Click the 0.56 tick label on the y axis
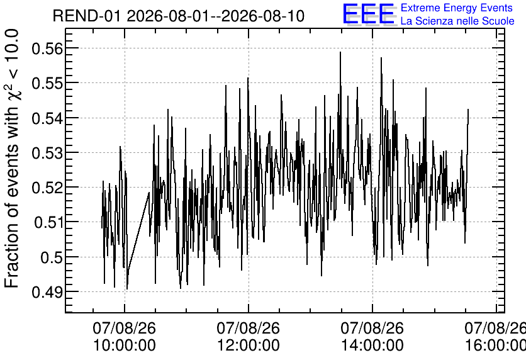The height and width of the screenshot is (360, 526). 47,48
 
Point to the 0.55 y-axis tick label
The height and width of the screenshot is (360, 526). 47,83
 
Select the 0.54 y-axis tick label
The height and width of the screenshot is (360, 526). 47,118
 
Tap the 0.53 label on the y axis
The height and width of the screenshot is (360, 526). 47,153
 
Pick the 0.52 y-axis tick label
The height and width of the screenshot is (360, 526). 47,188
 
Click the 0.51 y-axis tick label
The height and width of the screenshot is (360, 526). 48,222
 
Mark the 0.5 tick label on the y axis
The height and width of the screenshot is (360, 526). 52,257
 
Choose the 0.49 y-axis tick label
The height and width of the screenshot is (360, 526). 47,292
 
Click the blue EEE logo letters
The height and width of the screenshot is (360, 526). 368,14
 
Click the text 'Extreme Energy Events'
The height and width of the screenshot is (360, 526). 457,8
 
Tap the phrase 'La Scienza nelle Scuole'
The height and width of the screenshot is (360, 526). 457,21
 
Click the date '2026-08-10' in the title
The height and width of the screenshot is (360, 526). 264,16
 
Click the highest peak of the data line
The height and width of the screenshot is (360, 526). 340,52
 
